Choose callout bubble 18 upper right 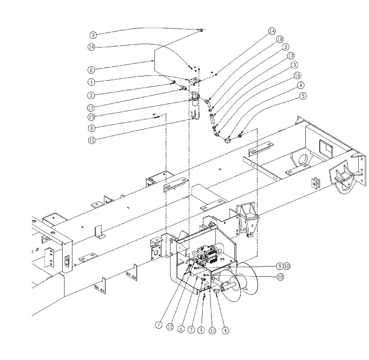click(x=280, y=39)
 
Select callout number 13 click(x=291, y=55)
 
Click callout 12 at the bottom click(x=170, y=326)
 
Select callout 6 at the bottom click(x=181, y=326)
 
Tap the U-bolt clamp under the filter click(x=194, y=117)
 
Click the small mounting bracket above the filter click(x=193, y=81)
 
